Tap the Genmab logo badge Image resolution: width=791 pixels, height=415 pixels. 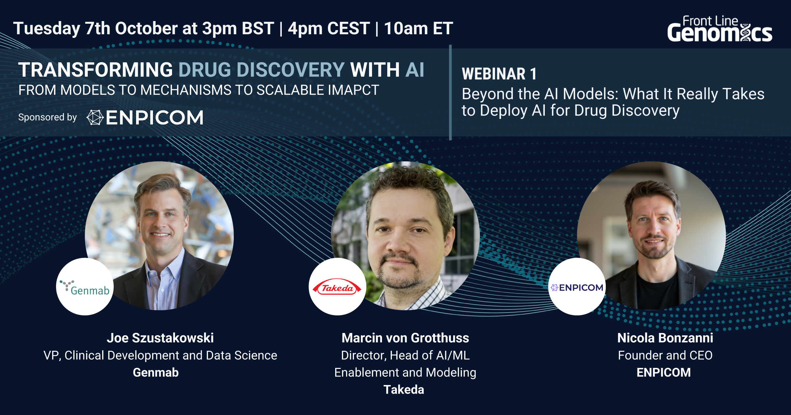[85, 287]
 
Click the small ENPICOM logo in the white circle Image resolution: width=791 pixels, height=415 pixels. [577, 288]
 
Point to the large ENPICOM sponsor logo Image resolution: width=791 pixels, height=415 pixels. [145, 118]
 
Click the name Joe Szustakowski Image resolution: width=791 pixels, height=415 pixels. [160, 338]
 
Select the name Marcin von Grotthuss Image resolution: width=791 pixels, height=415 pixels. [405, 338]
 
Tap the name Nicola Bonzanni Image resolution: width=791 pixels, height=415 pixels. [665, 338]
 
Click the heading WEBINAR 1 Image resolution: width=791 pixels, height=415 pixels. [499, 74]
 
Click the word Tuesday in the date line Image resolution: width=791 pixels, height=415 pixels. [46, 29]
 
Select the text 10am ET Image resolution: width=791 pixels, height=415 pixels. [419, 29]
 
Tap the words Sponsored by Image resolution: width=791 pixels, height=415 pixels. [47, 117]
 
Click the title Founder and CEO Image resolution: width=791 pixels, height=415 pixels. [665, 355]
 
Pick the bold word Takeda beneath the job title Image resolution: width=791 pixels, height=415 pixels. [404, 390]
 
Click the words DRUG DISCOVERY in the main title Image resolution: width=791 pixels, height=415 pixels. [261, 70]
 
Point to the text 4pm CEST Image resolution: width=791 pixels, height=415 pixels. [329, 29]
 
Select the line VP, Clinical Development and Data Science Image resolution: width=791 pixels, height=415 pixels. [160, 355]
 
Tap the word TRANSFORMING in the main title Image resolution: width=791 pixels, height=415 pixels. [96, 70]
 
